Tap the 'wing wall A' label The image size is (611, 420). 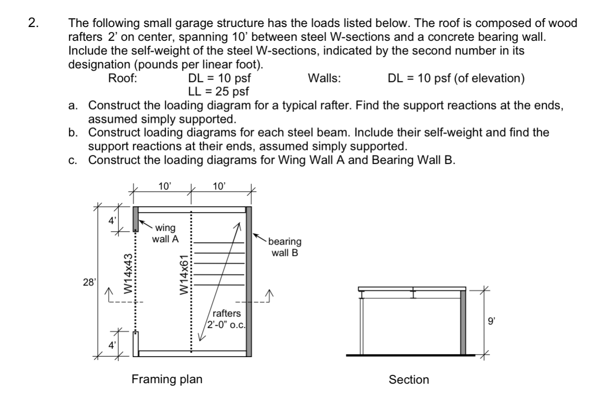coord(166,233)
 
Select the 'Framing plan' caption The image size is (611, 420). coord(166,379)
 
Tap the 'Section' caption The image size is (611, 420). coord(409,380)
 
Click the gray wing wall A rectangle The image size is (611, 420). coord(135,219)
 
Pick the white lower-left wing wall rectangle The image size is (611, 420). coord(135,343)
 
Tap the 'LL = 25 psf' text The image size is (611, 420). coord(218,91)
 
